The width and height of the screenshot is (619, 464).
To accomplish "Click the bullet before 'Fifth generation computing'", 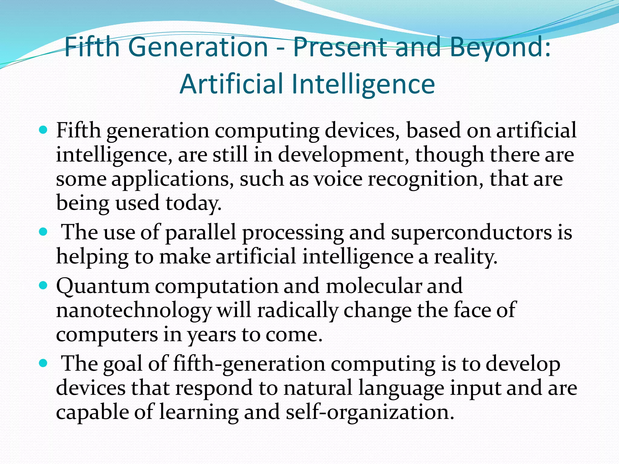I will click(x=44, y=130).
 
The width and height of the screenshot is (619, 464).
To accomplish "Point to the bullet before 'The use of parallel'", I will click(x=44, y=232).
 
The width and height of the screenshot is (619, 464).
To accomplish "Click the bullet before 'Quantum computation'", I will click(x=44, y=285).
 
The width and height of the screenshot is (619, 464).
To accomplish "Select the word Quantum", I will click(x=103, y=286).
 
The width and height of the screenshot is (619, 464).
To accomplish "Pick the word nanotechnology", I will click(x=133, y=311).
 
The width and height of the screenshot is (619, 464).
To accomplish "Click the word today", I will click(x=193, y=203).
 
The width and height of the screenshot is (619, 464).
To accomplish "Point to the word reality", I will click(x=465, y=257).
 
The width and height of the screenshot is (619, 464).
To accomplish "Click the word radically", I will click(x=297, y=310).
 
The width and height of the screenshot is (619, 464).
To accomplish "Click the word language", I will click(x=401, y=388).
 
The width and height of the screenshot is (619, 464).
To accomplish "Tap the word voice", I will click(x=338, y=179).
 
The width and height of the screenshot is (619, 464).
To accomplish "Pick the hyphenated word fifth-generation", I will click(x=249, y=364).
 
